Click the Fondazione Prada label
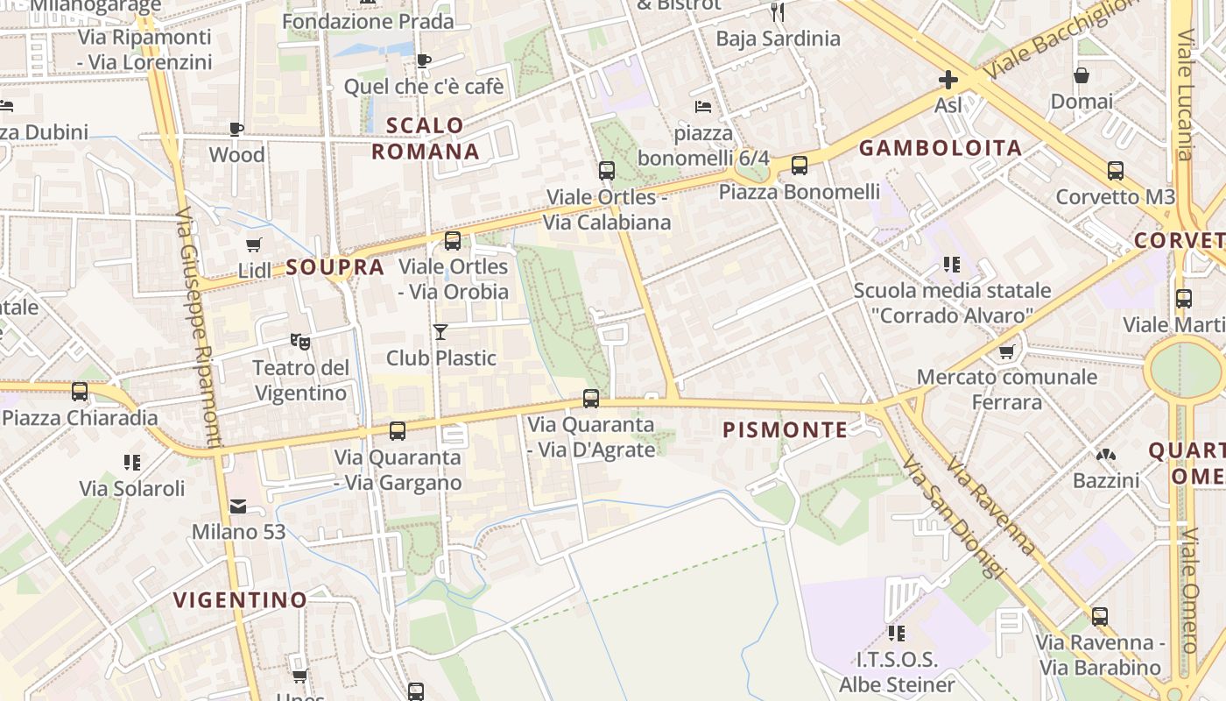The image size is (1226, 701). coord(368,21)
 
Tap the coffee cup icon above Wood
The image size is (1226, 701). coord(236,129)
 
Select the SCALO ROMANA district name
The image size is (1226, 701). coord(426,138)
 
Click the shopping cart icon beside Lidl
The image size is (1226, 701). coord(254,244)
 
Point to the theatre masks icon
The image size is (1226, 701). coord(300,341)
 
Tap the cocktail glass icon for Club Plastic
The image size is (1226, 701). coord(440,332)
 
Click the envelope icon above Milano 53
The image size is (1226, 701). coord(238,506)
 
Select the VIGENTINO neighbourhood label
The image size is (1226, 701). coord(240,600)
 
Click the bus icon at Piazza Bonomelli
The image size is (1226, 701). coord(800,165)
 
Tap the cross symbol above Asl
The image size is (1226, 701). coord(948,81)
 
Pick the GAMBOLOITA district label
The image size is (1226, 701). coord(941,148)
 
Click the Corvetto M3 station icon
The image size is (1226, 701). coord(1116,170)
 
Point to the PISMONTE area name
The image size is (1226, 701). coord(785,430)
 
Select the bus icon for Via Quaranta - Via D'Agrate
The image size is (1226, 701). coord(591,399)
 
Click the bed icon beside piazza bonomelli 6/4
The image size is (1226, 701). coord(702,107)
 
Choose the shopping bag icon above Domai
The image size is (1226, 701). coord(1082,75)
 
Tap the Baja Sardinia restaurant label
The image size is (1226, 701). coord(778,39)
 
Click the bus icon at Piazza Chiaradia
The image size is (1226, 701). coord(80,392)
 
